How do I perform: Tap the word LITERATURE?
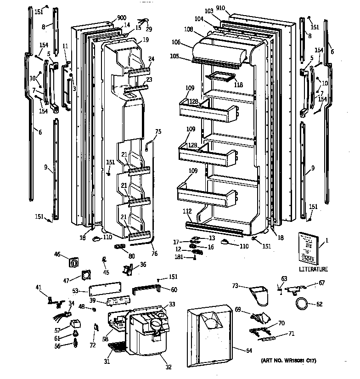[314, 269]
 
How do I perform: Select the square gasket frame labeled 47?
[86, 275]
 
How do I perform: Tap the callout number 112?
[187, 212]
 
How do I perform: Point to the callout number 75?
[158, 131]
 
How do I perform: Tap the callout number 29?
[149, 29]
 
